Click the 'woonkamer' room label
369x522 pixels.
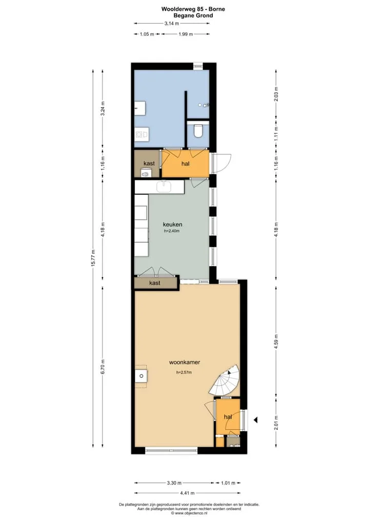[x=184, y=362]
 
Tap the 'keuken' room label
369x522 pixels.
[x=172, y=225]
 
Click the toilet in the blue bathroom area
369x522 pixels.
[x=198, y=131]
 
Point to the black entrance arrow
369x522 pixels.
[x=256, y=420]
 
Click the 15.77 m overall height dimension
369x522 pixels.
[x=93, y=258]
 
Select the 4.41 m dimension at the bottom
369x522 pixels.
[x=188, y=493]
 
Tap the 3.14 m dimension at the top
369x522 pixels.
[x=172, y=23]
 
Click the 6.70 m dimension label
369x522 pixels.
[x=103, y=367]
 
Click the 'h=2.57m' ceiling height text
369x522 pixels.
[x=184, y=372]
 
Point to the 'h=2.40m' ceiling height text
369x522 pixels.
[x=172, y=231]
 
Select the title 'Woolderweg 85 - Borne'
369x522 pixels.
[x=193, y=9]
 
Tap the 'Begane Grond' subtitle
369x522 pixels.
[x=193, y=15]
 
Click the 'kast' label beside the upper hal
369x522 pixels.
[x=149, y=164]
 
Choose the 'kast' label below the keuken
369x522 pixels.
[x=155, y=283]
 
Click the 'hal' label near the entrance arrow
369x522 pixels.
[x=228, y=417]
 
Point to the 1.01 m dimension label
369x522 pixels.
[x=228, y=483]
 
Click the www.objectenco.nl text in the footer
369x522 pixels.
[x=189, y=513]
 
